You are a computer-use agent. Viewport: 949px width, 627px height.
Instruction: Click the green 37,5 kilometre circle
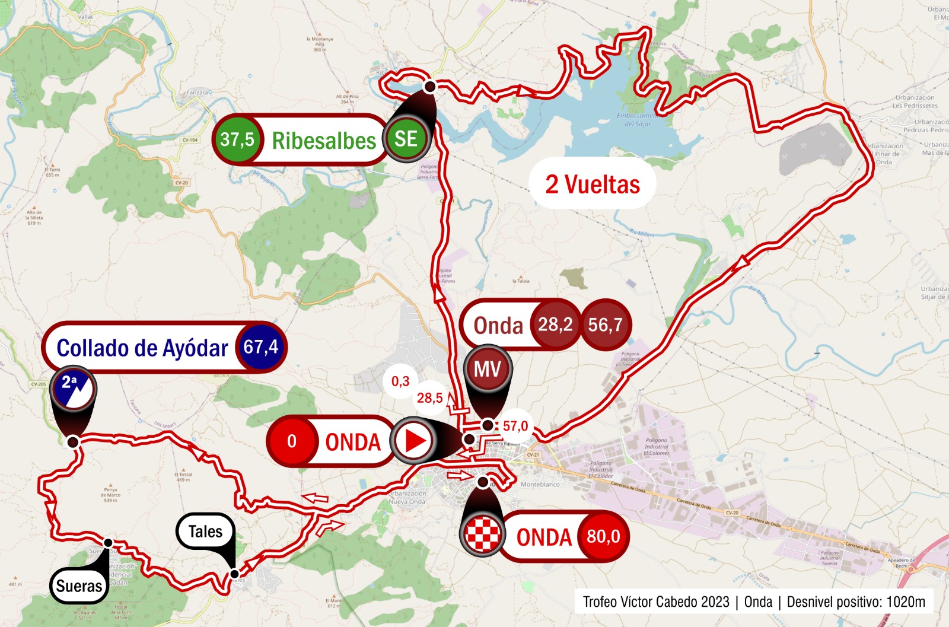237,140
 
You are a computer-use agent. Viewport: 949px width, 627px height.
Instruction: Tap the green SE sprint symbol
406,139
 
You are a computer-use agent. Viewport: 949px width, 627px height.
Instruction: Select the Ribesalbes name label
324,141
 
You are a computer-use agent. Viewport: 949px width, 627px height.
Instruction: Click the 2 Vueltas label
593,184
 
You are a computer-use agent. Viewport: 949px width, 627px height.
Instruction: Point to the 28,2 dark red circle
555,324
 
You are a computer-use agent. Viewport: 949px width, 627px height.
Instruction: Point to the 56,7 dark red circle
606,324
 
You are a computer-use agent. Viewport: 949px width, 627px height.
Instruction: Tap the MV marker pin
487,370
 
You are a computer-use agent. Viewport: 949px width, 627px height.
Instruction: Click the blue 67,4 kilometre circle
261,347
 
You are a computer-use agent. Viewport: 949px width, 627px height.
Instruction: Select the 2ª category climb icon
72,390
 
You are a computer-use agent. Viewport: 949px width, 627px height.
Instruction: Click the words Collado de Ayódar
142,348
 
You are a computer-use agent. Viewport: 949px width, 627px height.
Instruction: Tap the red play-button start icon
414,441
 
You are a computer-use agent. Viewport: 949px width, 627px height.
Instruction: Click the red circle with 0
292,441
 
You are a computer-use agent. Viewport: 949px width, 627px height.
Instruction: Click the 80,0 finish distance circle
603,536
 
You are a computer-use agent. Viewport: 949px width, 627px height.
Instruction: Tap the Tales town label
205,531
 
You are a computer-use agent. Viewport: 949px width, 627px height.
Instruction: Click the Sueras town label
79,586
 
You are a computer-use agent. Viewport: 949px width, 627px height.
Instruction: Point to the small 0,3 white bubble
400,381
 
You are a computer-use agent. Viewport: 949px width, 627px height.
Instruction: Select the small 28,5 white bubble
429,398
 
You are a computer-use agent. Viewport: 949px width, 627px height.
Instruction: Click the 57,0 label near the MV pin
515,426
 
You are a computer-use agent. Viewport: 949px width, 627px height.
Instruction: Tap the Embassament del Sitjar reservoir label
636,120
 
